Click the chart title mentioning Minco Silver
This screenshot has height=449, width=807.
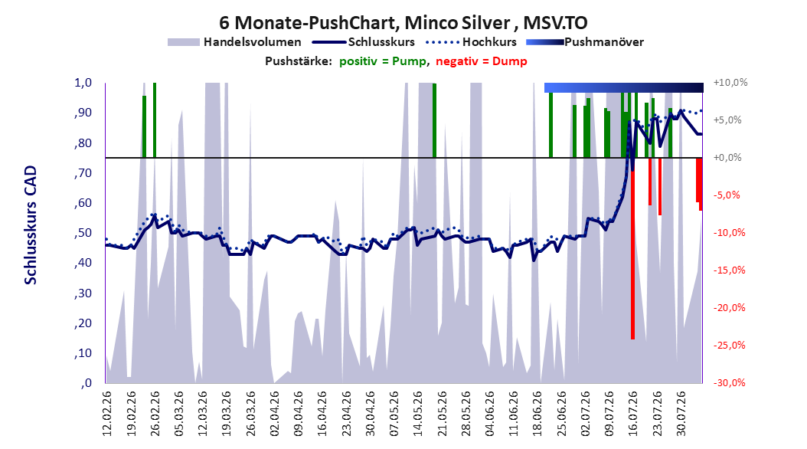[403, 23]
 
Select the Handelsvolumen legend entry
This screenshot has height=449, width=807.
[234, 42]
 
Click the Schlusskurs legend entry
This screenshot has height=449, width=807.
[364, 42]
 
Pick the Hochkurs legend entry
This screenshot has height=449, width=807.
[471, 42]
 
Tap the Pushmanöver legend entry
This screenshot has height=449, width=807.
[585, 42]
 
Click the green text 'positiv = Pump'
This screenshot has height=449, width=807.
[383, 61]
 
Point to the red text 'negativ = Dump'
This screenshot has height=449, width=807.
[482, 61]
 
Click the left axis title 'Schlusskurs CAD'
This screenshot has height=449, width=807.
[31, 225]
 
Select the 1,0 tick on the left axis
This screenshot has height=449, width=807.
[83, 83]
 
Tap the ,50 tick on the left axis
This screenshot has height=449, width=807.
[83, 233]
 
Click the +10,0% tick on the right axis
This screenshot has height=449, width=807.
[730, 83]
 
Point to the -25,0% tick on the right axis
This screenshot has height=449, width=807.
[729, 345]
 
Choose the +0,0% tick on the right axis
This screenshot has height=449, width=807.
[727, 158]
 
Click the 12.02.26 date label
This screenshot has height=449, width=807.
[107, 414]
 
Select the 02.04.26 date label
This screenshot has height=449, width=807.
[274, 414]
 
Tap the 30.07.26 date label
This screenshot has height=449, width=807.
[681, 414]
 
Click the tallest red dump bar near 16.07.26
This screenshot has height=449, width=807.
[632, 248]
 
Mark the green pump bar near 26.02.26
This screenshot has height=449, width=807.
[155, 120]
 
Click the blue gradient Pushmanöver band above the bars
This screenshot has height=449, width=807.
[623, 87]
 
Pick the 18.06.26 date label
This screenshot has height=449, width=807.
[537, 414]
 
